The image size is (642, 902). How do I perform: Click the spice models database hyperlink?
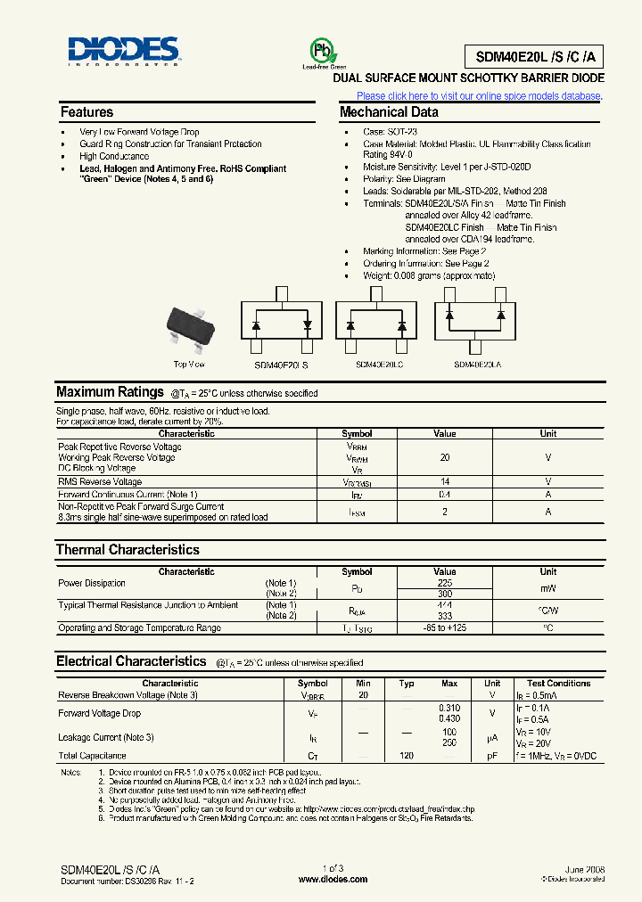pos(480,96)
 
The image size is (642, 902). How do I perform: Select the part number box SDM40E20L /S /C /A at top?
pos(533,57)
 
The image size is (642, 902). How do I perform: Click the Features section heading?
pos(86,112)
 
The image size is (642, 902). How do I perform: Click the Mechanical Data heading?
pos(389,112)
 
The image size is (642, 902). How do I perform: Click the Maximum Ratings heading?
pos(110,392)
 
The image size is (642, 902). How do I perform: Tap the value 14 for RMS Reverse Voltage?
pos(445,481)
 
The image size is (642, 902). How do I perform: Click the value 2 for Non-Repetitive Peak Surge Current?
pos(445,512)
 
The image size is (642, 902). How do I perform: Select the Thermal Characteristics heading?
pos(128,550)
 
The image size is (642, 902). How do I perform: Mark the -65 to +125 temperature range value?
pos(445,628)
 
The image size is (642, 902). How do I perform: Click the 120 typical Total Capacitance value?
pos(407,755)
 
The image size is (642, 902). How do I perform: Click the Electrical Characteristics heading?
pos(131,661)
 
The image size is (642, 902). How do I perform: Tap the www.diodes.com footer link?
pos(333,879)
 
